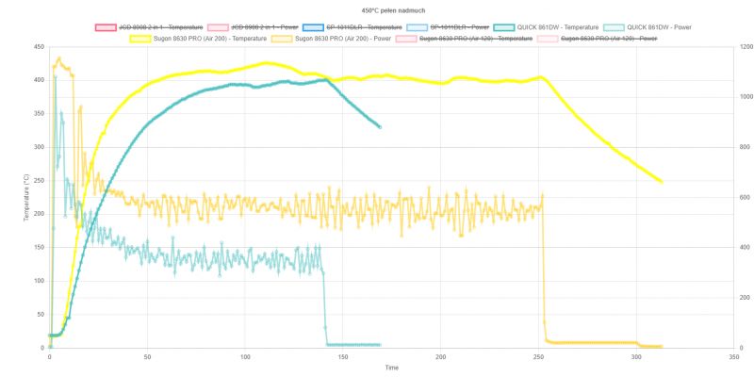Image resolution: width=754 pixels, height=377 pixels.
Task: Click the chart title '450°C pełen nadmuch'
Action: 376,9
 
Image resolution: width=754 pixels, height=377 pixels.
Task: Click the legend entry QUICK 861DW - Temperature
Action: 558,27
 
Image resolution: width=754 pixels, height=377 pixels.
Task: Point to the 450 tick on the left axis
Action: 38,46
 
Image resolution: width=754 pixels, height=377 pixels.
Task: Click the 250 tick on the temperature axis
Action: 38,180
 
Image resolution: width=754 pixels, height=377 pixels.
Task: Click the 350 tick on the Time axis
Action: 734,357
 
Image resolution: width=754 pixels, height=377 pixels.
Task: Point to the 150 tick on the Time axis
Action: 343,357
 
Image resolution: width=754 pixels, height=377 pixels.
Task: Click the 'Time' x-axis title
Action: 391,368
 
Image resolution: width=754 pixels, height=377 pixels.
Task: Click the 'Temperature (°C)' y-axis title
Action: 25,197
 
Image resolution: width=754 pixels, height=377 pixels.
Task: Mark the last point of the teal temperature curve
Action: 380,126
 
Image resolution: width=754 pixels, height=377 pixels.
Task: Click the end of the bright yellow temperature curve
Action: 662,182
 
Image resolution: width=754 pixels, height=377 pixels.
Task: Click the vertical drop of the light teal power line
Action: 324,302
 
